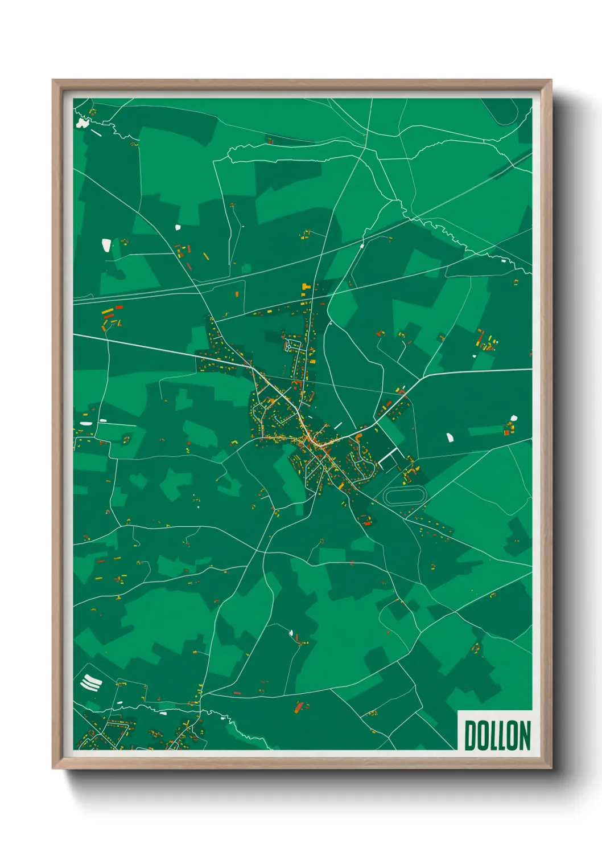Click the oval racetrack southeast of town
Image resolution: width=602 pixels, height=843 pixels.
coord(405,496)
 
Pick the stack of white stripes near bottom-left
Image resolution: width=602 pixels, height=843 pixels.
coord(91,682)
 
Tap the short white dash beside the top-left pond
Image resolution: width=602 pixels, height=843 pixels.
coord(96,134)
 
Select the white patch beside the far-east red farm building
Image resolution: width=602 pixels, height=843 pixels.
coord(514,418)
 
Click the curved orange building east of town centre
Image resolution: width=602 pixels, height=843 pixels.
coord(359,436)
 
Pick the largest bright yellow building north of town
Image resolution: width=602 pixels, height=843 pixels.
coord(305,286)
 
